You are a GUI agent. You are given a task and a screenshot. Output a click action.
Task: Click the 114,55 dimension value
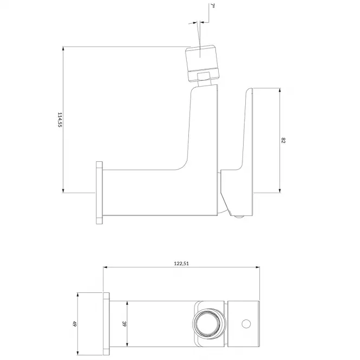click(60, 120)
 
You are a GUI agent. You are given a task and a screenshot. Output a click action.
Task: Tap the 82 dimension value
click(283, 140)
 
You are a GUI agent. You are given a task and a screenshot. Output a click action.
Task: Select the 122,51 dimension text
click(181, 263)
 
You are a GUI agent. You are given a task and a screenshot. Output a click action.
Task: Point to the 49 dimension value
click(74, 324)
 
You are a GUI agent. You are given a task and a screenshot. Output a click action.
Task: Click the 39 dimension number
click(124, 324)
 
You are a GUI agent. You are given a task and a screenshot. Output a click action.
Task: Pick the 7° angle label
click(212, 5)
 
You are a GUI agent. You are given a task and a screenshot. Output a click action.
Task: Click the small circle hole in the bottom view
click(246, 324)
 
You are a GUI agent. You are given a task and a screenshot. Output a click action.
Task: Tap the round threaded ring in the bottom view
click(208, 324)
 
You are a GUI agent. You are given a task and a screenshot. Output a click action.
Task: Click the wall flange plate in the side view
click(99, 193)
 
